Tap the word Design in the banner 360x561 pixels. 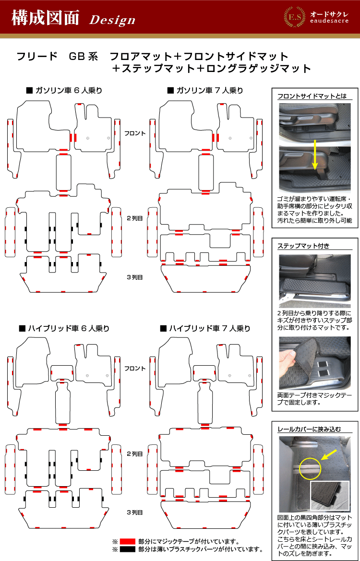click(112, 20)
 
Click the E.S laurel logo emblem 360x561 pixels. click(293, 17)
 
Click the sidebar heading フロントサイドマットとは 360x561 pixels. click(312, 96)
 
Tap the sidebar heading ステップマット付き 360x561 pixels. click(303, 246)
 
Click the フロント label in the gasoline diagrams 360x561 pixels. click(135, 133)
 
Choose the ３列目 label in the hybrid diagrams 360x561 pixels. click(135, 513)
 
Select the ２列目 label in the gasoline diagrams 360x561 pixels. click(135, 218)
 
